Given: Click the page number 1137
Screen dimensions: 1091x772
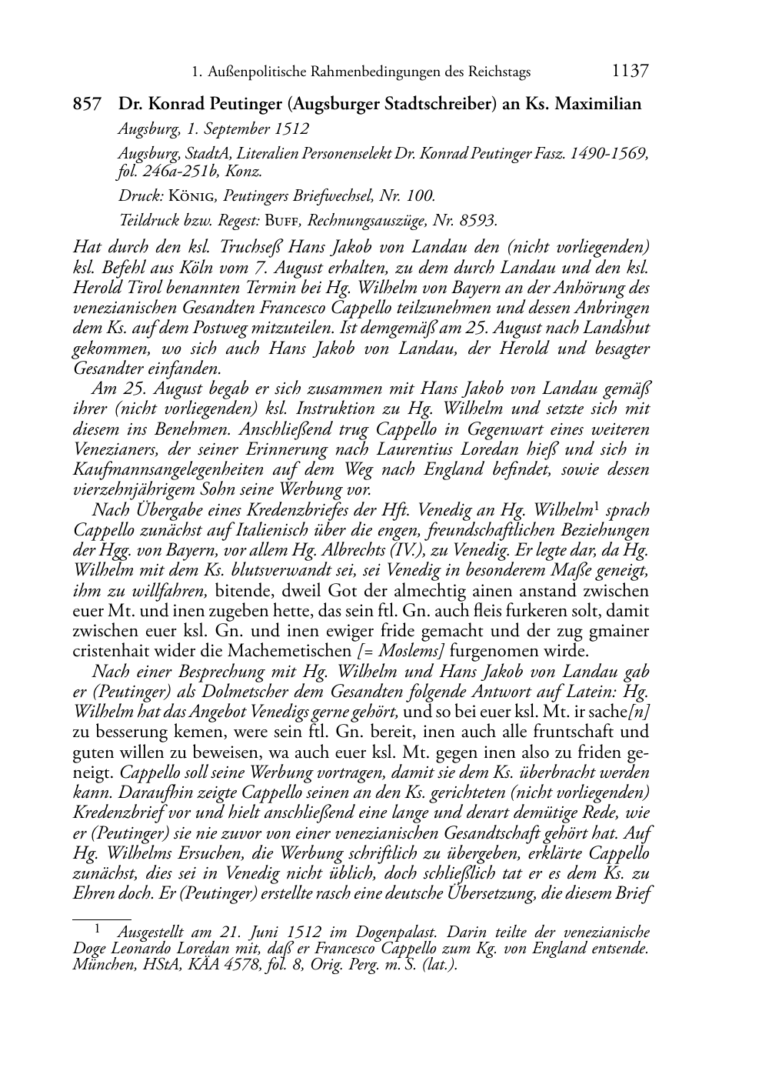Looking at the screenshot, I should [631, 72].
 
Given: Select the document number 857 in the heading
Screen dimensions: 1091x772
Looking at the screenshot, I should [87, 104].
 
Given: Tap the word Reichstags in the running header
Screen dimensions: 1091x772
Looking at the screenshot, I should [497, 72].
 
